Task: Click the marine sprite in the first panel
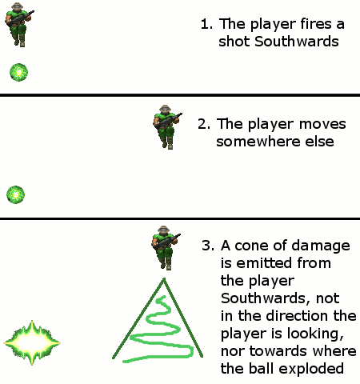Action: [19, 25]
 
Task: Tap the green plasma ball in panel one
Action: [18, 72]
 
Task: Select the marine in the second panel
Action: [167, 127]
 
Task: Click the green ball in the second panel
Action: [16, 194]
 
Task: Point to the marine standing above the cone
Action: [166, 248]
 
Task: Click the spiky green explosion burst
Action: [32, 343]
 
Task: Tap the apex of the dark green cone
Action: [164, 278]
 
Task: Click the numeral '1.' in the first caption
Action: [206, 24]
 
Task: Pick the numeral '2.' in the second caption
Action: [204, 124]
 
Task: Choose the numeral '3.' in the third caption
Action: [208, 246]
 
